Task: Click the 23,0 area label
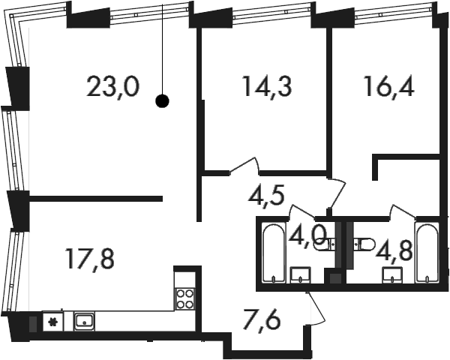[x=112, y=87]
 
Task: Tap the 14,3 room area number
[x=267, y=85]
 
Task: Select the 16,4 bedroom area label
[x=388, y=85]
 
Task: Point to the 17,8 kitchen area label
[x=90, y=259]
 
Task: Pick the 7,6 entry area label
[x=261, y=320]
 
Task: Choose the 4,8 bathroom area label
[x=395, y=250]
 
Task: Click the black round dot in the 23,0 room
[x=162, y=100]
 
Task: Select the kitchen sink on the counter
[x=84, y=321]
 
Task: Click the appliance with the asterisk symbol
[x=52, y=322]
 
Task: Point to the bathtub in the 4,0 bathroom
[x=274, y=253]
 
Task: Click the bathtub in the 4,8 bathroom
[x=427, y=253]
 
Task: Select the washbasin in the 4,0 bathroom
[x=301, y=275]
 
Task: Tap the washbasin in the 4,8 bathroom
[x=392, y=275]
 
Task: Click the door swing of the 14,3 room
[x=244, y=165]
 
